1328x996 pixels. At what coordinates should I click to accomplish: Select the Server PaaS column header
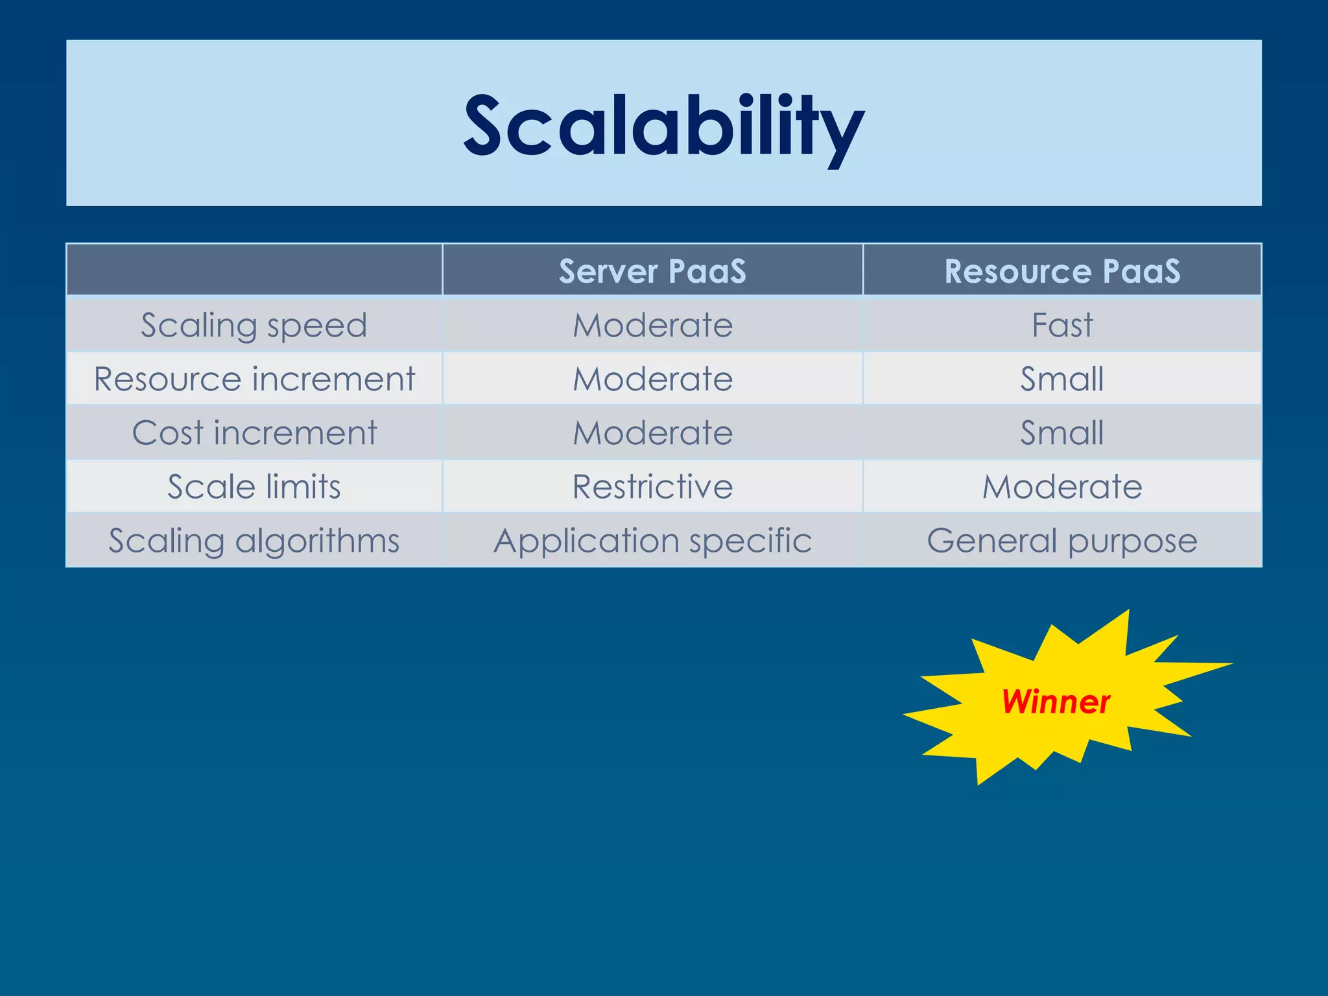[652, 270]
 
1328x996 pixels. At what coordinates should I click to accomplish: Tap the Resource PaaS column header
[1061, 270]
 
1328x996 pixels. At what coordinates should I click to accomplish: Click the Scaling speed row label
[254, 325]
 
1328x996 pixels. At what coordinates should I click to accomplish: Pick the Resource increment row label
[254, 379]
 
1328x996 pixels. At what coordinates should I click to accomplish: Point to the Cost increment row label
[254, 433]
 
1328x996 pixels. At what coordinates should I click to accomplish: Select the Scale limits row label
[254, 486]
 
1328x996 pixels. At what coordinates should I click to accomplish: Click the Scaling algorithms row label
[254, 540]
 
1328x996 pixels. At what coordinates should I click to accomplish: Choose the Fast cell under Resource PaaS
[1061, 325]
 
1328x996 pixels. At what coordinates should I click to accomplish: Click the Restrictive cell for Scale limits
[652, 486]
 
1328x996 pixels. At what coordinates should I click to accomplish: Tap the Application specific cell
[652, 540]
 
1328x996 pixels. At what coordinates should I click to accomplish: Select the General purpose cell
[1061, 540]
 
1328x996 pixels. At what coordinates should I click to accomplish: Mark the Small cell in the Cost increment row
[1061, 433]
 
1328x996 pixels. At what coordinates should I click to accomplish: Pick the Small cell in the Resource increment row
[1061, 379]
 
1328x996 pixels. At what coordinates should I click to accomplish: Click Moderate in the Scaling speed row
[652, 325]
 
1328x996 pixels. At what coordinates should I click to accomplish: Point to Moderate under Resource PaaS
[1061, 486]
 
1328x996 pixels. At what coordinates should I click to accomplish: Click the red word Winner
[1055, 702]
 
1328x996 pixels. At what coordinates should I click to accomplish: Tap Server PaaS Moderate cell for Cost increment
[652, 433]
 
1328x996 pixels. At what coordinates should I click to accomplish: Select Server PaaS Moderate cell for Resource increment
[652, 379]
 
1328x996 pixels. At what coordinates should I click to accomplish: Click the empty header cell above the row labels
[254, 270]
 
